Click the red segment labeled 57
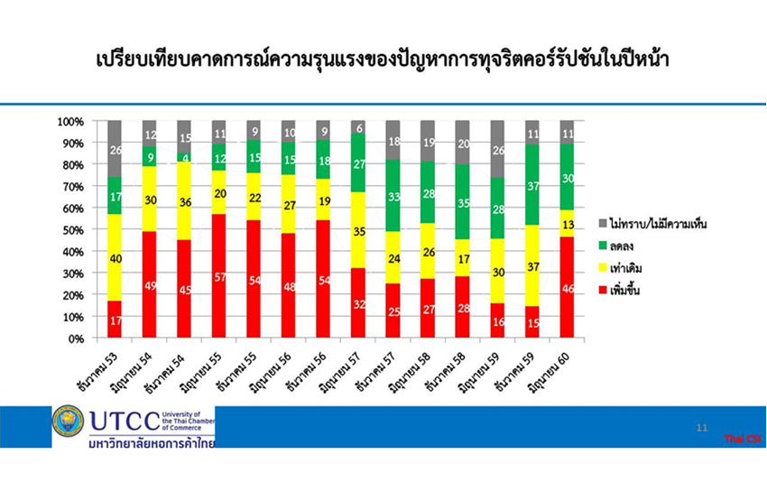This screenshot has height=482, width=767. tap(219, 276)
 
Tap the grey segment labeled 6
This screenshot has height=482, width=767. tap(359, 127)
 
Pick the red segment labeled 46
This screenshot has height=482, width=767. tap(567, 288)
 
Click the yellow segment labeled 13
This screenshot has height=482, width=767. tap(567, 224)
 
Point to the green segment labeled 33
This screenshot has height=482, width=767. tap(393, 196)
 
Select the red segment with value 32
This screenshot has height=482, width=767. tap(359, 304)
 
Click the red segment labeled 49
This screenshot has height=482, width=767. tap(150, 285)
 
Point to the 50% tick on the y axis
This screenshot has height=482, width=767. tap(71, 230)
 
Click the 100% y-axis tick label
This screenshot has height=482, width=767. tap(69, 121)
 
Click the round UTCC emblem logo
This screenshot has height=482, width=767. tap(68, 422)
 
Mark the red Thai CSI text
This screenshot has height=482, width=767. tap(743, 439)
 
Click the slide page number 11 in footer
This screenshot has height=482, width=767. tap(702, 427)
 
